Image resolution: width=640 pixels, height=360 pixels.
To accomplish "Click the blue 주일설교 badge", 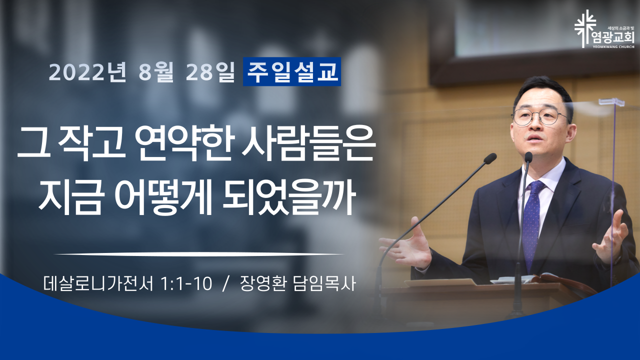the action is [x=291, y=71].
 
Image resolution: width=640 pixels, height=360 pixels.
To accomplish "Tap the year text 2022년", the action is [x=87, y=72].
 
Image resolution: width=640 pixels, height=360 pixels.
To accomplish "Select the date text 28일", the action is [x=209, y=72].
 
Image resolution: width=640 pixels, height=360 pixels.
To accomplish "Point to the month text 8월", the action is [x=156, y=72].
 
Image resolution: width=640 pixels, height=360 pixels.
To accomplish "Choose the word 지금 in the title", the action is [x=70, y=197].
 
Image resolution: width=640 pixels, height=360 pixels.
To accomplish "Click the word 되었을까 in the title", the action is [x=288, y=197].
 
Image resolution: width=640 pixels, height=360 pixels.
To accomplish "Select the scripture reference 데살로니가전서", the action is [x=98, y=283].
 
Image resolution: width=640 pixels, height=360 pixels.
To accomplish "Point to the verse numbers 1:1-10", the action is [x=186, y=283].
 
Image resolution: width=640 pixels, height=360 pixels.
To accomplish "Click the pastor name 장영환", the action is [x=263, y=283].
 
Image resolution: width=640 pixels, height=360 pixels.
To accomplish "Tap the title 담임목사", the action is [x=324, y=283].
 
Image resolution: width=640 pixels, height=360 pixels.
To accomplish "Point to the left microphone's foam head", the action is [x=490, y=158].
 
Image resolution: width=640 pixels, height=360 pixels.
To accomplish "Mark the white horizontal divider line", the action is [x=199, y=254].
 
